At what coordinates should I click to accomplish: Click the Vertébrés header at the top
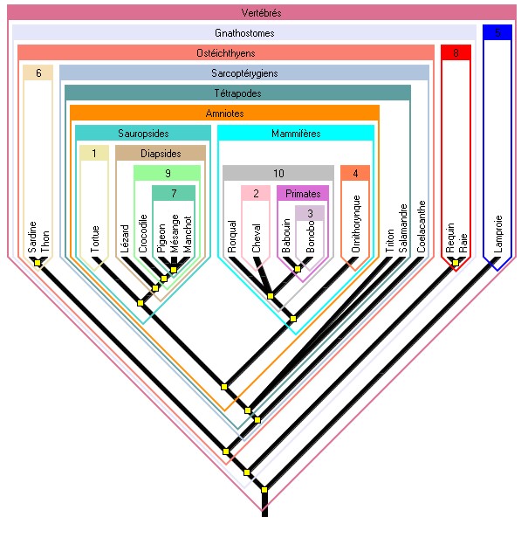point(261,13)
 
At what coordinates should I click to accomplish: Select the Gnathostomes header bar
point(244,33)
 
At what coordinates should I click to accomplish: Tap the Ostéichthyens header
point(226,53)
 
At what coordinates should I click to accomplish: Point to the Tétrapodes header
point(237,93)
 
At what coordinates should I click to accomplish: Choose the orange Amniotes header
point(224,113)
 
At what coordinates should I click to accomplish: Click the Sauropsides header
point(143,133)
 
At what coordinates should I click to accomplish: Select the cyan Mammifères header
point(296,133)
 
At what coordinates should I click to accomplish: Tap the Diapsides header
point(161,154)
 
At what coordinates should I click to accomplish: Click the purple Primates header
point(303,193)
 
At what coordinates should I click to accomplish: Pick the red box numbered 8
point(456,53)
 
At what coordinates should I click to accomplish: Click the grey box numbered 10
point(278,173)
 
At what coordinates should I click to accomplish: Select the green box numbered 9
point(167,173)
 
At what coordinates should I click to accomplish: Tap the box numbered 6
point(38,72)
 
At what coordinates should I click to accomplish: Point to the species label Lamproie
point(497,233)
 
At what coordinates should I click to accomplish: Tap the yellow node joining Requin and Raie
point(456,262)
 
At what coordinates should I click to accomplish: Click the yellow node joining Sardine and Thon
point(38,262)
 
